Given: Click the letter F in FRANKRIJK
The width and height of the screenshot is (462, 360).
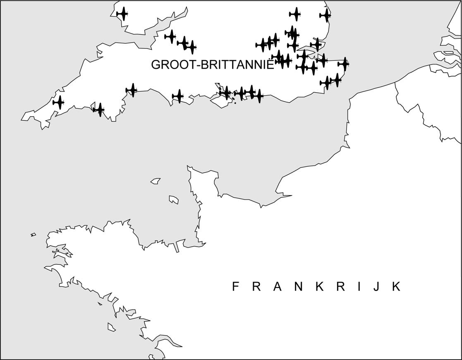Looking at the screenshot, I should pos(235,287).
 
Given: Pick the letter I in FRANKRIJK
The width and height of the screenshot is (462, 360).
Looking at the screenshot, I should pos(359,287).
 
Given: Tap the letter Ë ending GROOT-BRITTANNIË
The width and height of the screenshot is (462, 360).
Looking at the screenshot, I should pos(270,65).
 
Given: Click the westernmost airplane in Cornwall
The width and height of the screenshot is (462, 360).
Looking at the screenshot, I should pos(59,102).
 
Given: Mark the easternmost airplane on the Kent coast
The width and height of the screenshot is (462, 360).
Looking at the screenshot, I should pos(344,64).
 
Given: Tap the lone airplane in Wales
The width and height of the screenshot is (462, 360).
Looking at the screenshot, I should pos(122,14).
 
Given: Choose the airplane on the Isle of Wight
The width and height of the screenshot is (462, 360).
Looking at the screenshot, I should pos(226,93).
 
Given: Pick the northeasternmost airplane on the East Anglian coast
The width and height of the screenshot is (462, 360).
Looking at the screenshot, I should pos(326,15).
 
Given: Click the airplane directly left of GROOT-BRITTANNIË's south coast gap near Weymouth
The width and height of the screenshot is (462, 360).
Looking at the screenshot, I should pos(178,96).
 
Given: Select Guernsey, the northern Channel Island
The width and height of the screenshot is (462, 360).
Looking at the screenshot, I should pos(156,181).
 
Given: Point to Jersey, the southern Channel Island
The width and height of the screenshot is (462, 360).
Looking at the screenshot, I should pos(174,200).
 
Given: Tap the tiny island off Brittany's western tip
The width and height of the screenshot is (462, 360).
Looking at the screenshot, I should pos(33,235).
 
